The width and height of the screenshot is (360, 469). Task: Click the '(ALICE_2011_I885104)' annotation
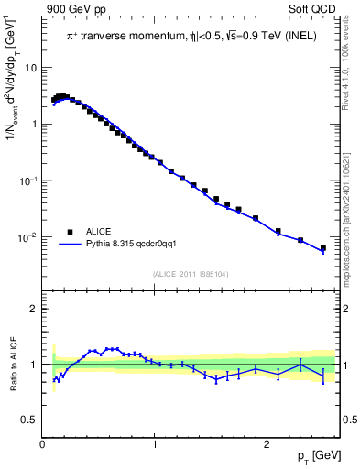click(191, 273)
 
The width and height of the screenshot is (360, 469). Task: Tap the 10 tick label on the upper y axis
click(32, 67)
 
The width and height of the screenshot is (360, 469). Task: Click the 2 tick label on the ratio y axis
click(35, 310)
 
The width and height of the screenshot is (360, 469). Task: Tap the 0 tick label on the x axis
click(43, 444)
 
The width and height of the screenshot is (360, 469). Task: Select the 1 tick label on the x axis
click(156, 444)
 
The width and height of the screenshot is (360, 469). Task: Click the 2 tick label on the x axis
click(267, 444)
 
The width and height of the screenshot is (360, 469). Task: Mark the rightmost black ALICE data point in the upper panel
click(322, 248)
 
